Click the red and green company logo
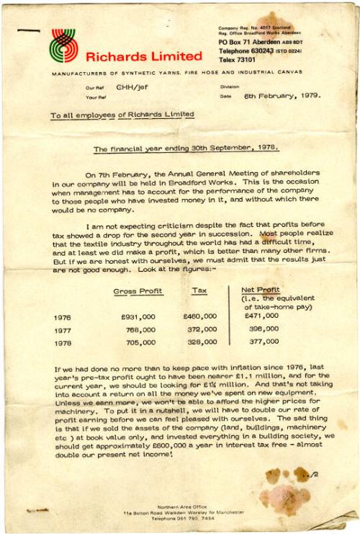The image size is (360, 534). point(63,45)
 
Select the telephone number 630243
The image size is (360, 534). point(269,52)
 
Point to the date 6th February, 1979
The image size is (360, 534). point(282,95)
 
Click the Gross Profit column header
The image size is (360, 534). point(138,291)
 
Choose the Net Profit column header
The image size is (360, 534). point(259,290)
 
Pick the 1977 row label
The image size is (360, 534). point(63,329)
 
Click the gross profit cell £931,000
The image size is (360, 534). point(138,316)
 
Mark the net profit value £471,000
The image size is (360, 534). point(261,316)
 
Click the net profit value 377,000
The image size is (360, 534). point(264,343)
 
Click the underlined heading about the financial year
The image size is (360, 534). point(186,148)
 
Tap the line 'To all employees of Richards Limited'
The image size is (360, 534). point(122,115)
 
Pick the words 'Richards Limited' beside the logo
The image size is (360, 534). point(144,56)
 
